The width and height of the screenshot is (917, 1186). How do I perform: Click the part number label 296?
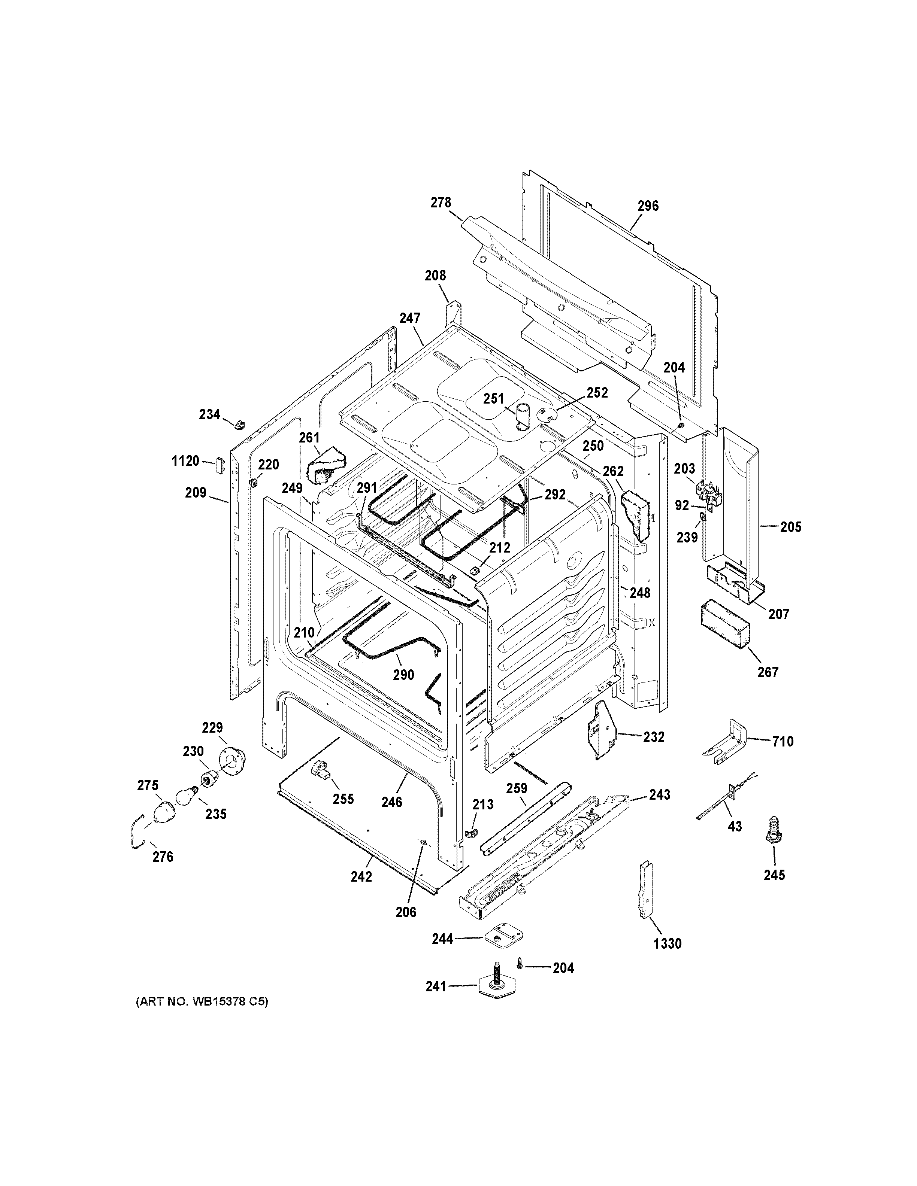[x=648, y=206]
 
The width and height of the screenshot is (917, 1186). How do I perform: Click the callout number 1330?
[x=667, y=943]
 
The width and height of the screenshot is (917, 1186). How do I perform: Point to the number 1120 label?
[x=185, y=461]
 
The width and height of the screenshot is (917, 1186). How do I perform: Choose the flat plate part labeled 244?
[x=505, y=937]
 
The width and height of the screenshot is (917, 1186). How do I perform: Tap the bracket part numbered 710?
[x=725, y=741]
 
